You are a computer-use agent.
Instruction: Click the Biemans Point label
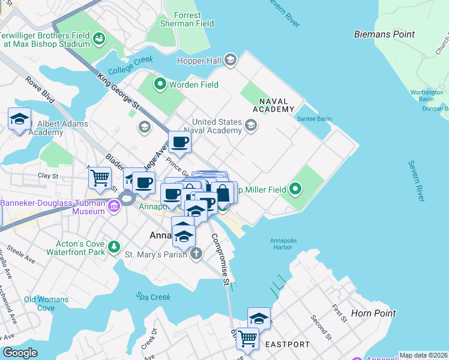point(384,34)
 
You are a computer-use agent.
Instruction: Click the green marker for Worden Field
point(160,85)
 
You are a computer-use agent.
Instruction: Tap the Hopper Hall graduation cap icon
point(231,60)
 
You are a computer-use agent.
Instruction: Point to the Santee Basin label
point(314,119)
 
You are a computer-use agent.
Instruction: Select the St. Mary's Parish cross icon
point(196,254)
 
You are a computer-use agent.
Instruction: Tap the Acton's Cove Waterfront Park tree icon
point(113,247)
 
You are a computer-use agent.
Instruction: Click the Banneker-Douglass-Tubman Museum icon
point(114,208)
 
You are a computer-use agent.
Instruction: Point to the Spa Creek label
point(153,297)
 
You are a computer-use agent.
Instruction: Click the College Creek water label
point(131,62)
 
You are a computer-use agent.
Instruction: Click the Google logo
point(20,353)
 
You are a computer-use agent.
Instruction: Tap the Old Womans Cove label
point(46,304)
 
